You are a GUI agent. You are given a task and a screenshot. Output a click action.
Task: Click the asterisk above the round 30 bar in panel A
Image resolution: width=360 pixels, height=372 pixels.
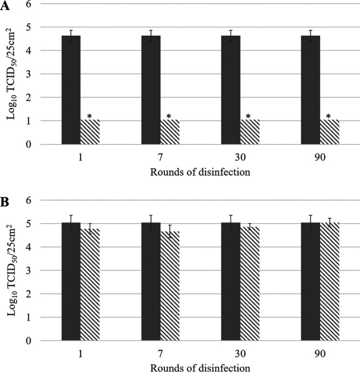pyautogui.click(x=249, y=116)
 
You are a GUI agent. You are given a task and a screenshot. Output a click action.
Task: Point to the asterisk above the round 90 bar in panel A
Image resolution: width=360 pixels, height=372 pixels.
pyautogui.click(x=328, y=116)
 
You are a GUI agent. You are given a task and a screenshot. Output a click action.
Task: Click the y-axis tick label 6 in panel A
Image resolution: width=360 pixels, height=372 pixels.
pyautogui.click(x=37, y=4)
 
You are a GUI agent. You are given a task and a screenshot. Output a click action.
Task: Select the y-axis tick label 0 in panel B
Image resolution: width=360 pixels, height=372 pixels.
pyautogui.click(x=37, y=341)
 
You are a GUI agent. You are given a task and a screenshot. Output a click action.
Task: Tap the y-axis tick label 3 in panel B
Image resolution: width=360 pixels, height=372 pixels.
pyautogui.click(x=37, y=270)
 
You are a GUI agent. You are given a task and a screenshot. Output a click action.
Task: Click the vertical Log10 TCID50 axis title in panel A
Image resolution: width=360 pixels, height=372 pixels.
pyautogui.click(x=12, y=74)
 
